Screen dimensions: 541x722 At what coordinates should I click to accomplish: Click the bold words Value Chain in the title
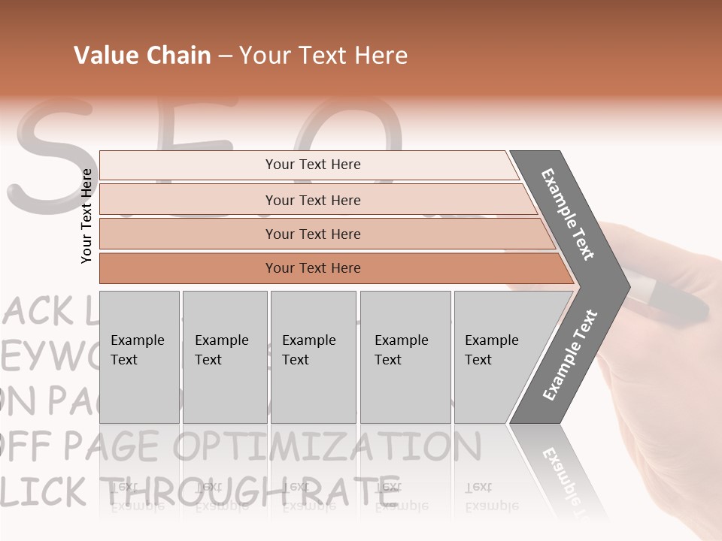point(142,56)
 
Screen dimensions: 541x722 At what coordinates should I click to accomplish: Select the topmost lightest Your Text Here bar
point(312,165)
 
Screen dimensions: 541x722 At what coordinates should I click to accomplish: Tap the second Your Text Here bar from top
point(312,200)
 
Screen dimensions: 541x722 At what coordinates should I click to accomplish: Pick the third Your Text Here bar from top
point(312,234)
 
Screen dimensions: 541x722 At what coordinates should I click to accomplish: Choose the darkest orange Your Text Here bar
point(312,268)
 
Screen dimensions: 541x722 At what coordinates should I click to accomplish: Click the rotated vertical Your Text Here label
point(86,216)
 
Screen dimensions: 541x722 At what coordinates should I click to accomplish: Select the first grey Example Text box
point(139,357)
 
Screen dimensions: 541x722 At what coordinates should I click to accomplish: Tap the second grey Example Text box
point(224,357)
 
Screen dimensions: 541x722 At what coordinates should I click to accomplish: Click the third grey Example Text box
point(312,357)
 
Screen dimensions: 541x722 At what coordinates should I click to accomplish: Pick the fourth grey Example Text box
point(405,357)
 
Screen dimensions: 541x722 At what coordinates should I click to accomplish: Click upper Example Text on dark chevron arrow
point(568,214)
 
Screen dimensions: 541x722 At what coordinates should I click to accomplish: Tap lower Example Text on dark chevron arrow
point(569,355)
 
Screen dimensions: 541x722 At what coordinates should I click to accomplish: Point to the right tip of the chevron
point(628,286)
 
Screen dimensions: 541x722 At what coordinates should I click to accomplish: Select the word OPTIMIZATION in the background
point(327,447)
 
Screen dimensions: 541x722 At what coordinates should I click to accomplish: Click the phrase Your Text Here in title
point(323,56)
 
